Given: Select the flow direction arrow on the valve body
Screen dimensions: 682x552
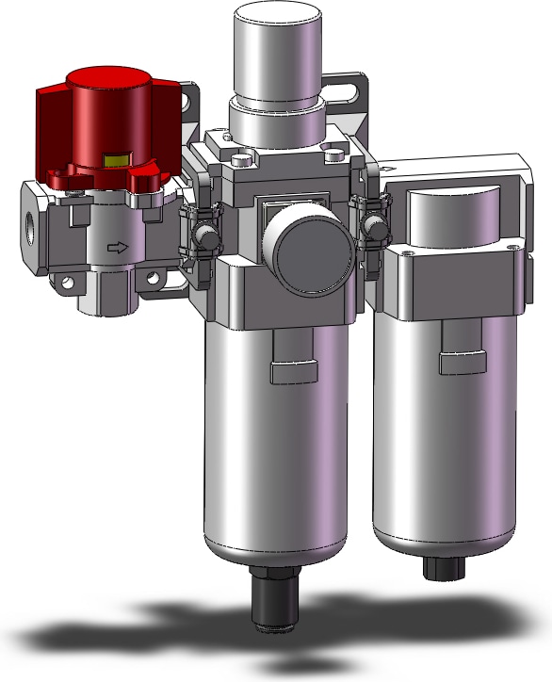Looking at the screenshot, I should tap(117, 248).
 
